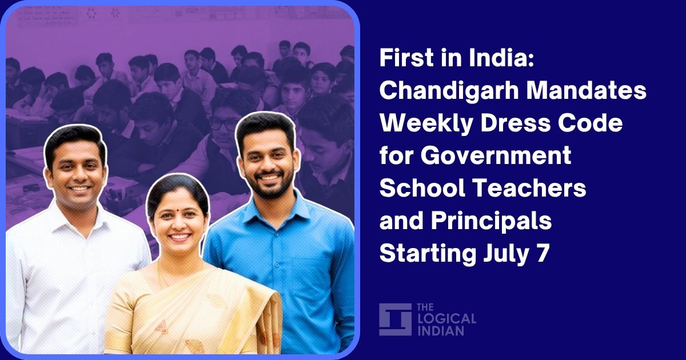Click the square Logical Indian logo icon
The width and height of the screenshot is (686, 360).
pyautogui.click(x=395, y=319)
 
